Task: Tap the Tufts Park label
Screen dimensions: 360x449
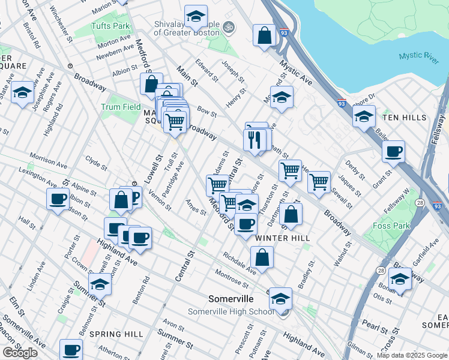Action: click(x=110, y=26)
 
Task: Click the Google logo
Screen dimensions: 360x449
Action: click(x=20, y=352)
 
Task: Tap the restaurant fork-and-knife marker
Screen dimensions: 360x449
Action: click(x=255, y=139)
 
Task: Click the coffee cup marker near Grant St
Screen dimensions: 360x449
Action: click(x=393, y=152)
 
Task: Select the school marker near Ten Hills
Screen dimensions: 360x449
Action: click(x=364, y=116)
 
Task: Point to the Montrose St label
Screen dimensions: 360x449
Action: click(x=232, y=278)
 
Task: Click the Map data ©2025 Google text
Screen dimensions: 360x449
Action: click(x=412, y=355)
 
